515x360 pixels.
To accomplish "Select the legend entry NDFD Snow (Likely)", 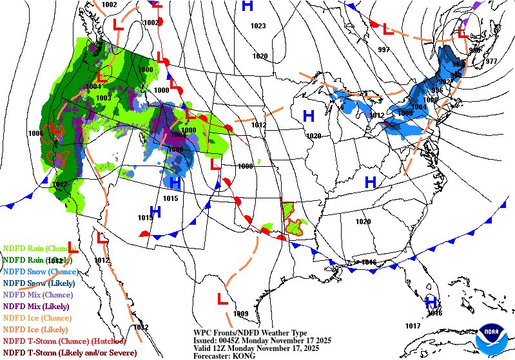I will [39, 283].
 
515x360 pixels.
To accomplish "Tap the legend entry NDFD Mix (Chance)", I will [40, 294].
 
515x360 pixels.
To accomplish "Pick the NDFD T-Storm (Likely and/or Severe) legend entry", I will [70, 352].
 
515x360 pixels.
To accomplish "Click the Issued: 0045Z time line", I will [257, 340].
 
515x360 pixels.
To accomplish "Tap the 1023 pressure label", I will [258, 26].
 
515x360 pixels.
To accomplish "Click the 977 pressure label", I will [491, 61].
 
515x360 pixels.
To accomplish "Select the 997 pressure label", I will [384, 50].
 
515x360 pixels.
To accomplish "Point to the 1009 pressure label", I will [241, 314].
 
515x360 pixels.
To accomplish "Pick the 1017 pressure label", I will [413, 326].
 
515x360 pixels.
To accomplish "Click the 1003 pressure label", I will [103, 98].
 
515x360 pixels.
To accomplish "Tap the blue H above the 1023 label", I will [246, 7].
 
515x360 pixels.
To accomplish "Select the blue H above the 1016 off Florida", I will [431, 302].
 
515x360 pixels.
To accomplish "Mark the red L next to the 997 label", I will [387, 30].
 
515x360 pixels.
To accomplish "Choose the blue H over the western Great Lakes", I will [309, 116].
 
